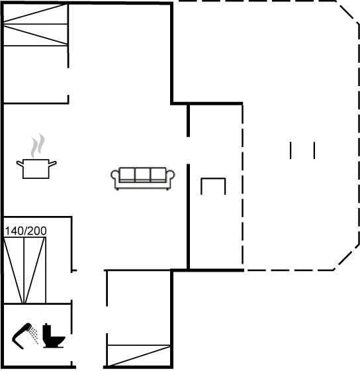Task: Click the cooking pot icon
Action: point(36,169)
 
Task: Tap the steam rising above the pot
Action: point(38,146)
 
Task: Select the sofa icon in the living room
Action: point(142,178)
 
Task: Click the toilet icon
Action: point(54,336)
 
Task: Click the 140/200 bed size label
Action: point(26,231)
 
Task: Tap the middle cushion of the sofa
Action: point(142,175)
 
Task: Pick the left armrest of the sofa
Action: point(115,176)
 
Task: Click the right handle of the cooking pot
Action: point(53,163)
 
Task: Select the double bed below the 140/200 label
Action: point(24,270)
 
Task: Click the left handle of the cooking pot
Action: point(20,163)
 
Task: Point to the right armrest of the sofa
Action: point(171,176)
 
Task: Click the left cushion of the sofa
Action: point(128,175)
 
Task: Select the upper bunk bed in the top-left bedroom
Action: point(36,14)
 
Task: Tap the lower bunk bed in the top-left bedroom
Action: point(36,34)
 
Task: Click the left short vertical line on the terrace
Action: point(291,150)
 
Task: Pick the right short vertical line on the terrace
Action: point(314,150)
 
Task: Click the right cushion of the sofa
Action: point(158,175)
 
